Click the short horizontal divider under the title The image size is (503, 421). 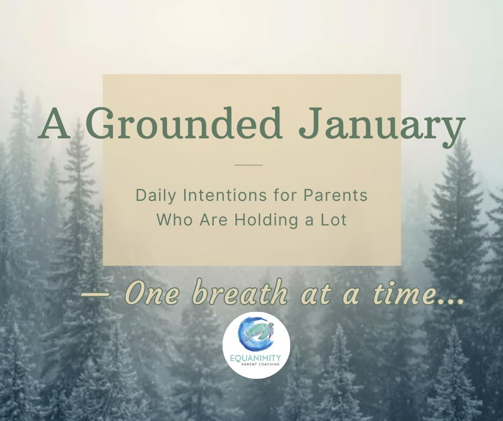249,165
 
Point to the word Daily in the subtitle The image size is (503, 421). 150,196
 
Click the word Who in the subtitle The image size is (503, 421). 171,220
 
